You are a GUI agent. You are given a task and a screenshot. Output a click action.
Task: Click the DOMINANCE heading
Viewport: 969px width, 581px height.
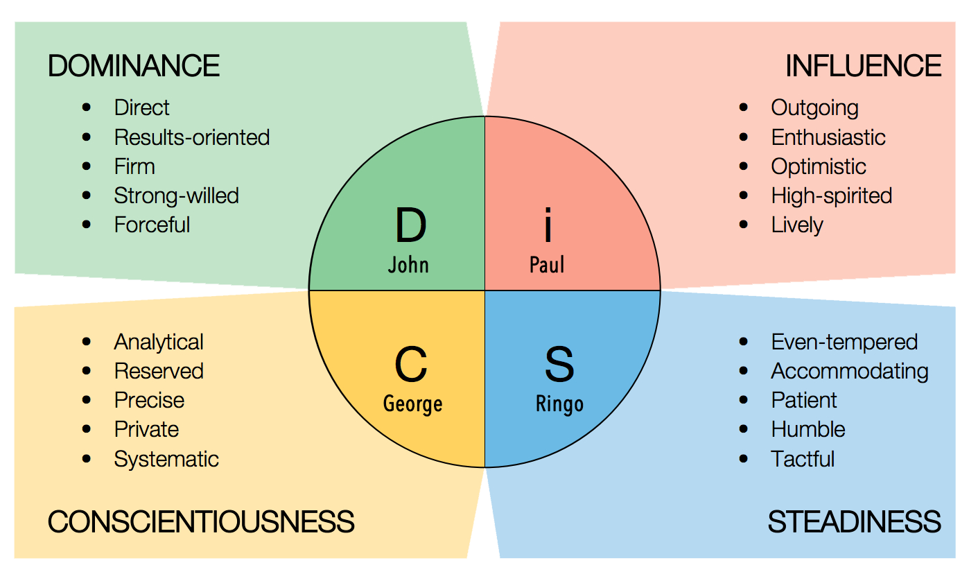[x=134, y=66]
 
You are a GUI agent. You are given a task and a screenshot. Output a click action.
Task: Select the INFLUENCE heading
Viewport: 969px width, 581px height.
[x=863, y=66]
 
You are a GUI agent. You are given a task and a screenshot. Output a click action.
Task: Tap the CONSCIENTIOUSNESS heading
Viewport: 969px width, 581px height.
[x=201, y=521]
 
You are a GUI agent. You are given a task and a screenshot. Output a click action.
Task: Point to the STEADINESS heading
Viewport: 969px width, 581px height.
[x=854, y=521]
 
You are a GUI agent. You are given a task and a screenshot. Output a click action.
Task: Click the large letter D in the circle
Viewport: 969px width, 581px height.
[x=410, y=226]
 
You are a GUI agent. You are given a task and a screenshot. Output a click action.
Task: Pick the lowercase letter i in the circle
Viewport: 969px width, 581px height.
[x=548, y=226]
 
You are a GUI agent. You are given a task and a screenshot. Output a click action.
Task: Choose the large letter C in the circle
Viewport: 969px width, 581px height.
[x=410, y=365]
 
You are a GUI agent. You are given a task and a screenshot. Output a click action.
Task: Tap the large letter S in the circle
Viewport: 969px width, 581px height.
[x=559, y=365]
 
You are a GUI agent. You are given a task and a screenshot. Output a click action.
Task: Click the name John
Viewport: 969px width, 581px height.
[x=408, y=265]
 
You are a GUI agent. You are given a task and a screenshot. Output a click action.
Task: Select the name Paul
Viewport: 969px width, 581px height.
[x=547, y=265]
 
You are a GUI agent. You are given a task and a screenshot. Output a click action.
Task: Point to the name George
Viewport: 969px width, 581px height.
[x=412, y=404]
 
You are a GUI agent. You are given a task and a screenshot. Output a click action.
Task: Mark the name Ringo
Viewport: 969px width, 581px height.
[x=559, y=404]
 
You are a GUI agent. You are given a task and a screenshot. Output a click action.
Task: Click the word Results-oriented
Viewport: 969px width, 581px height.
[x=192, y=137]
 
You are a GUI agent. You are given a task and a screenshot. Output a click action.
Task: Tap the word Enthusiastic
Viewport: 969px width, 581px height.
[x=828, y=137]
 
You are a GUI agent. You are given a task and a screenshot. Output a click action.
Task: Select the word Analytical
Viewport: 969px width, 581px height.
[x=159, y=342]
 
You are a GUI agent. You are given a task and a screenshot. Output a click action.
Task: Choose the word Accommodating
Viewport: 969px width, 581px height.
[x=850, y=371]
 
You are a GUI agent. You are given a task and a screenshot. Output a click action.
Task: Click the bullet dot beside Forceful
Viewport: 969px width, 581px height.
[x=87, y=225]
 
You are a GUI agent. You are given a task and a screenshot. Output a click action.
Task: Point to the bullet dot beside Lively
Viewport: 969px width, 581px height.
[x=744, y=225]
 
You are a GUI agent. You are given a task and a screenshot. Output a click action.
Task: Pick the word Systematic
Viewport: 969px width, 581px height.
[x=166, y=459]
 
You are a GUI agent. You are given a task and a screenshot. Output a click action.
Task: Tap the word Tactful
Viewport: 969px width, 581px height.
[x=803, y=459]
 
